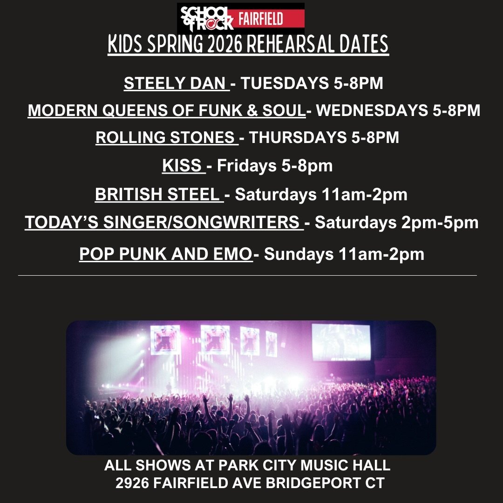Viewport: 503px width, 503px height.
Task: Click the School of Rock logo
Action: pos(207,19)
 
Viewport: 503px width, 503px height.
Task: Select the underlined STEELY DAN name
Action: pos(176,83)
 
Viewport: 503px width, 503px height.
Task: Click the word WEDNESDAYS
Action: pos(372,110)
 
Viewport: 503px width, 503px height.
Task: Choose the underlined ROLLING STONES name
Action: pos(166,137)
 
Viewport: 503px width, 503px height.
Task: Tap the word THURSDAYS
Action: pos(298,137)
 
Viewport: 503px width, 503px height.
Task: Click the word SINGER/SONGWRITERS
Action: pos(202,222)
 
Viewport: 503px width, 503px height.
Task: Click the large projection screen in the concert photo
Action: pos(341,342)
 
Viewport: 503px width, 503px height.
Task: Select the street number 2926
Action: pos(132,483)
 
